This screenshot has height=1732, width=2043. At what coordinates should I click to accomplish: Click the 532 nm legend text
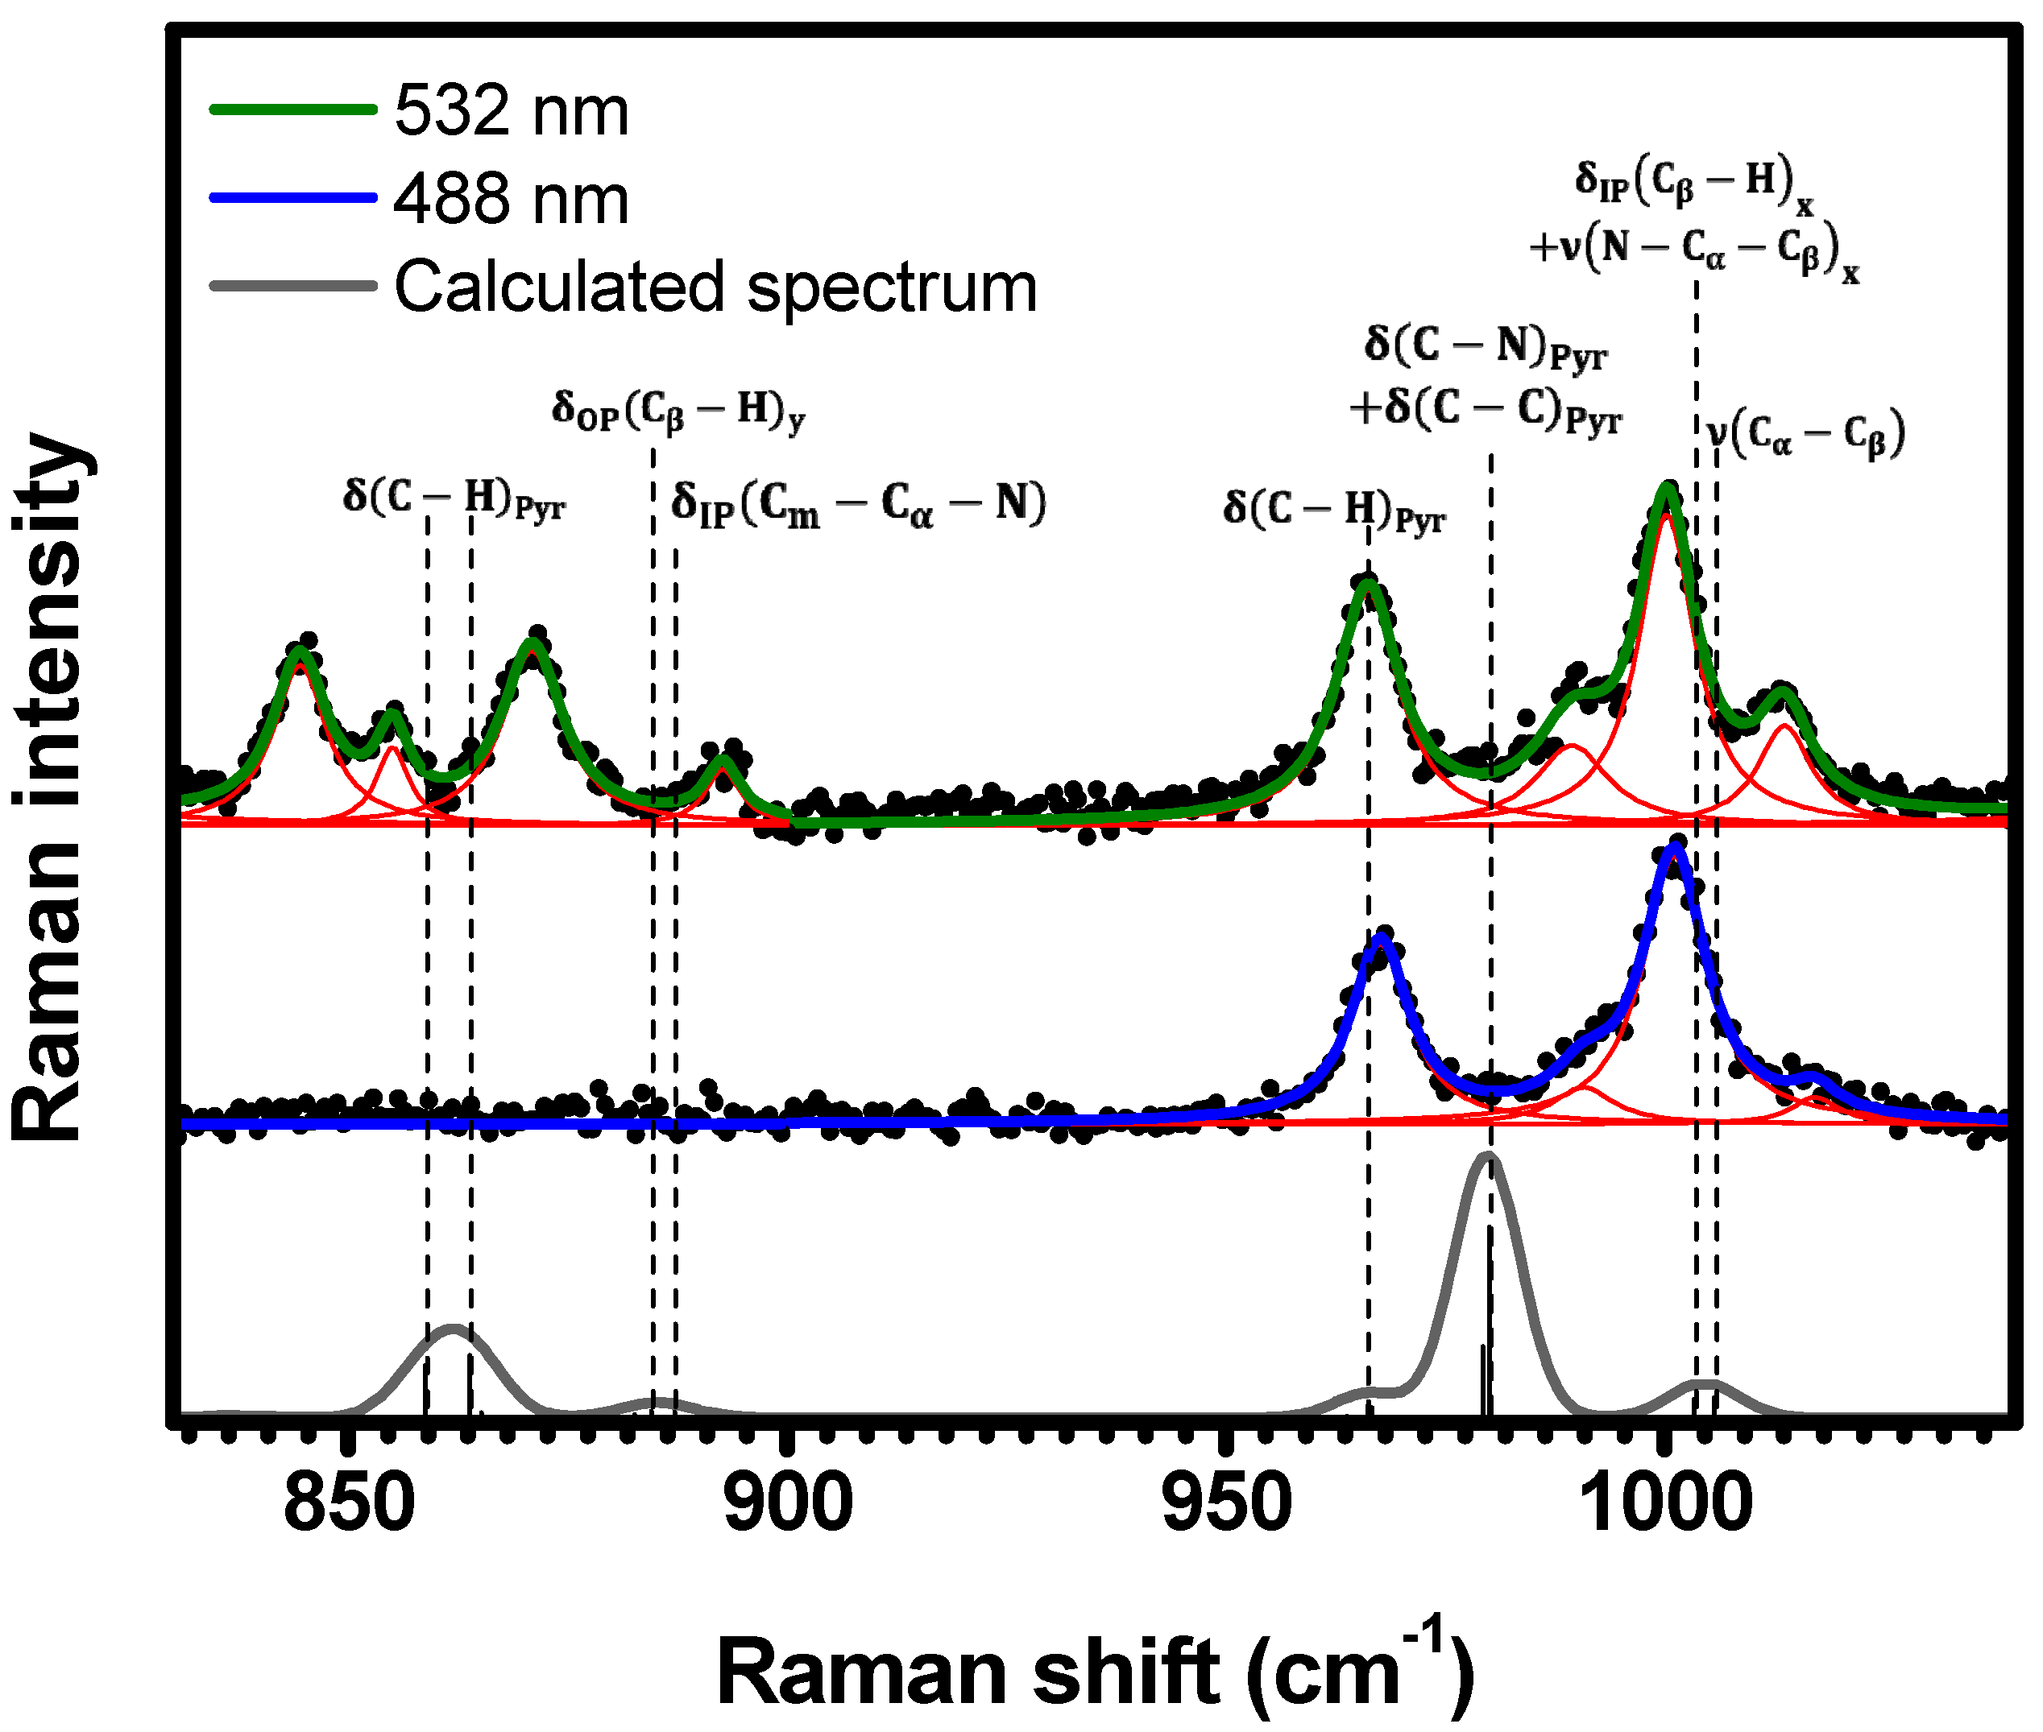(x=511, y=110)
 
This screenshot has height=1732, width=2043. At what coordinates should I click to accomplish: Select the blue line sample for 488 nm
(x=292, y=197)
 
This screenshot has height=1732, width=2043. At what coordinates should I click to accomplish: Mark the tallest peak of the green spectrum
(x=1666, y=487)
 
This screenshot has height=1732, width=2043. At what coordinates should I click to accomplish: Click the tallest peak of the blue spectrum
(x=1676, y=846)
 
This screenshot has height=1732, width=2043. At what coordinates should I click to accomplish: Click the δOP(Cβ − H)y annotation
(x=678, y=411)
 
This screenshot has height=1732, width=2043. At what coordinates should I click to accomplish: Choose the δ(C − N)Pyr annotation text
(x=1485, y=348)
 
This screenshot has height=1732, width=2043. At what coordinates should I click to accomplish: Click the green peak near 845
(x=300, y=650)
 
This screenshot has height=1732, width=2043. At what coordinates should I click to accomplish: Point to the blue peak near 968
(x=1382, y=938)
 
